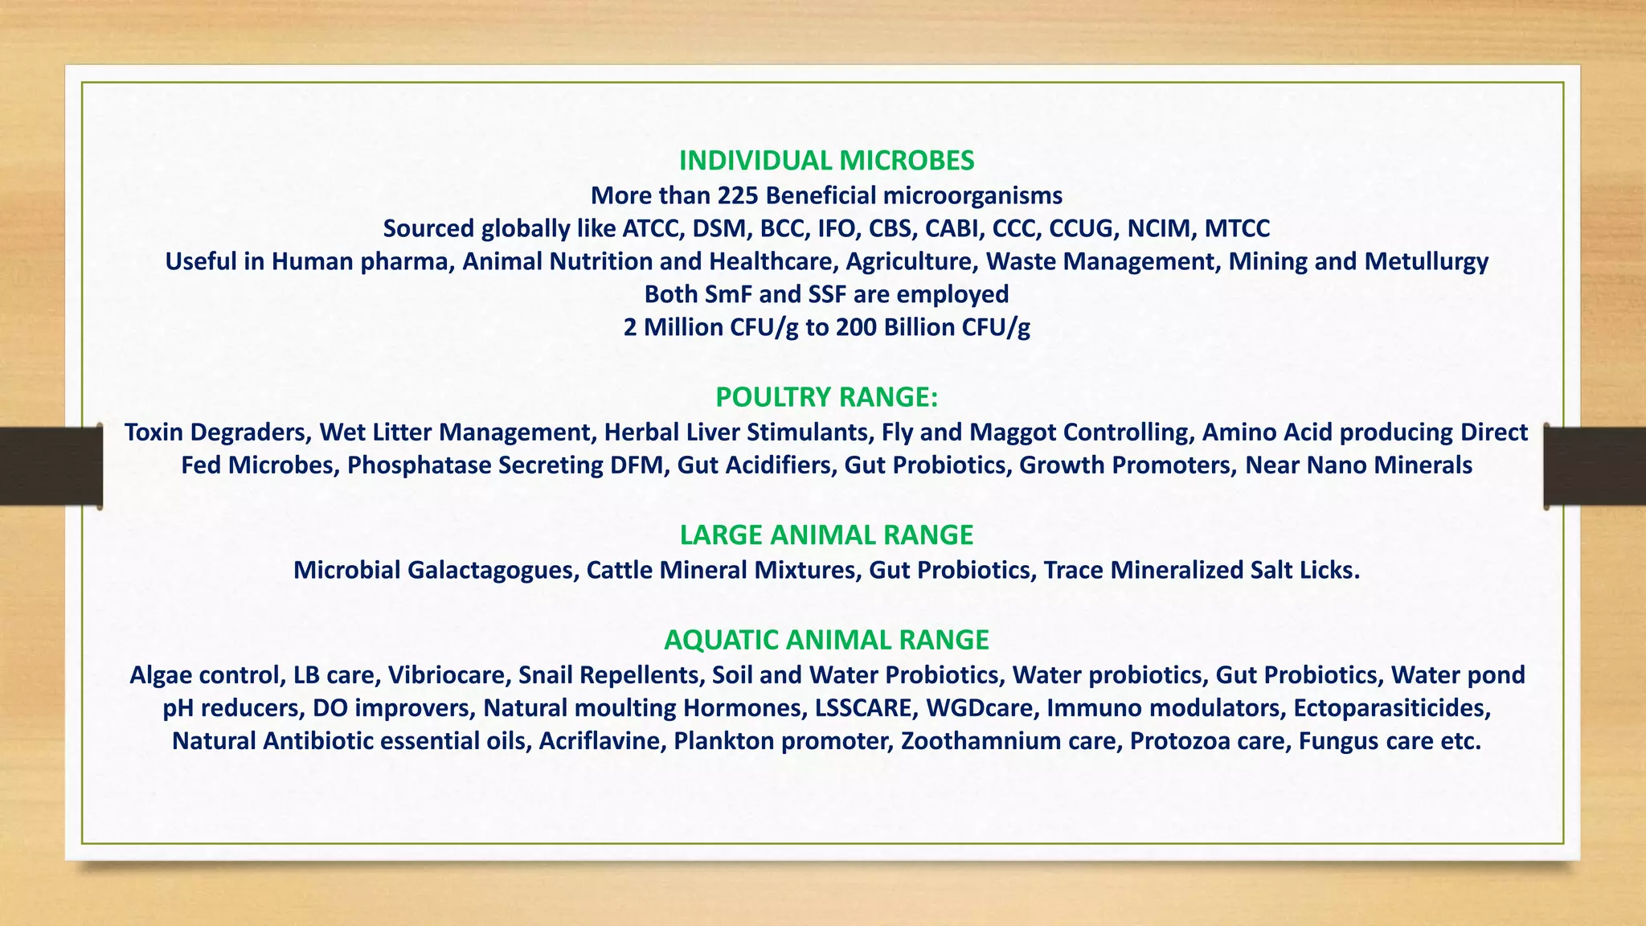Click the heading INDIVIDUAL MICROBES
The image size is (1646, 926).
(x=826, y=161)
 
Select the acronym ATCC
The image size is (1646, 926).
(x=653, y=228)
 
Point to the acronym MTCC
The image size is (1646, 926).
(x=1237, y=228)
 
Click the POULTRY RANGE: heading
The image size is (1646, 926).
(x=826, y=397)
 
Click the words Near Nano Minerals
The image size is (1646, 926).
(x=1358, y=465)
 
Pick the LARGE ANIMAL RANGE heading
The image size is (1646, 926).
(x=826, y=535)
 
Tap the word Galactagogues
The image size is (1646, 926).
(x=493, y=570)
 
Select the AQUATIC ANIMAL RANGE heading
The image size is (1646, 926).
(x=826, y=640)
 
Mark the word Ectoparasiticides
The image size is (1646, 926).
(x=1391, y=708)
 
